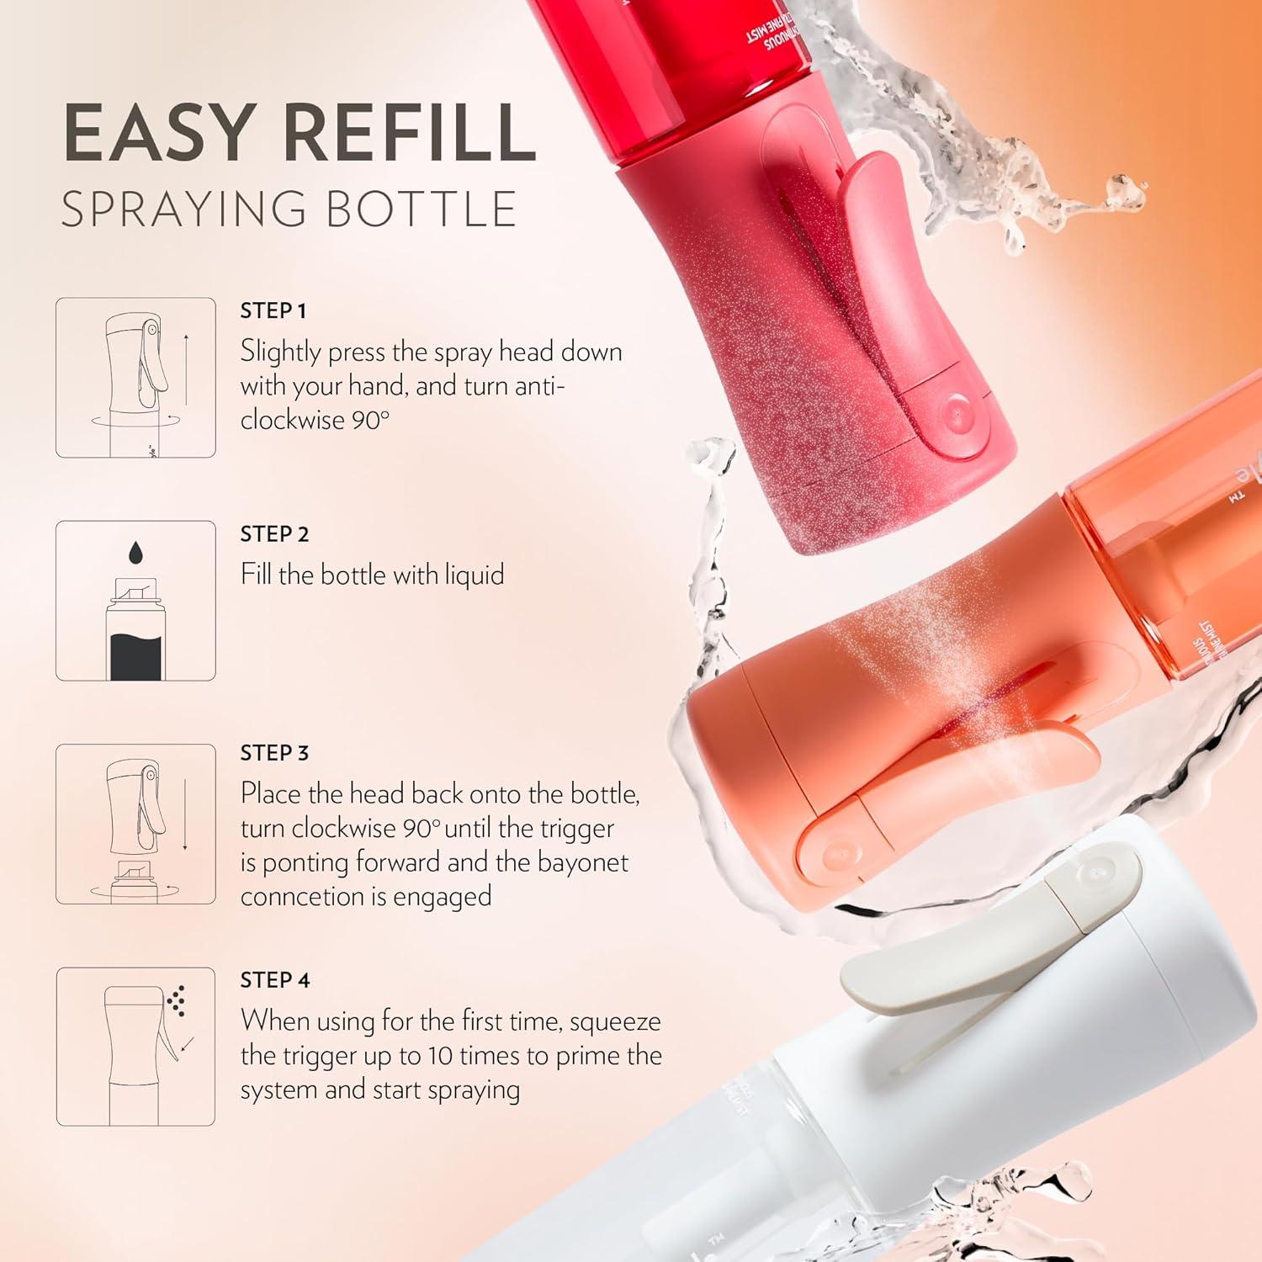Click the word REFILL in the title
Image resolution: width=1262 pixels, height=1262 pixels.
[x=409, y=133]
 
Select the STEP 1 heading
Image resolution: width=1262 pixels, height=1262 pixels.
[x=273, y=311]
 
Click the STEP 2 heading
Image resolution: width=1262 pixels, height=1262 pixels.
[x=274, y=534]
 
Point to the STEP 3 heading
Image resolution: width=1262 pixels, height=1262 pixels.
[x=274, y=753]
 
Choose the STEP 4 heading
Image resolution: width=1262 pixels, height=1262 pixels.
[x=275, y=980]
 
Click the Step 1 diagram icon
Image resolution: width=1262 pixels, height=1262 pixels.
[x=135, y=378]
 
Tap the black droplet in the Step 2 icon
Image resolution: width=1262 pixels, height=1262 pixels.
[x=135, y=553]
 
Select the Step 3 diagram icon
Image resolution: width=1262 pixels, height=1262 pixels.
[x=135, y=824]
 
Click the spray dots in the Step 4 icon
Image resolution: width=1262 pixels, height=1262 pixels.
[x=176, y=1000]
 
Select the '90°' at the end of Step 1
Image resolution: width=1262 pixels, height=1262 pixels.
[x=370, y=420]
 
